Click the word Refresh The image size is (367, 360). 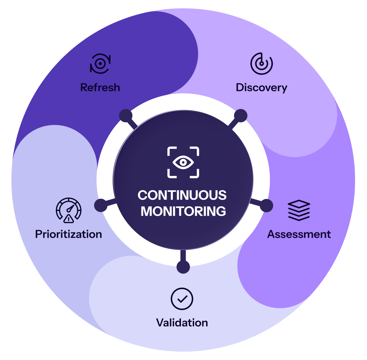pyautogui.click(x=100, y=88)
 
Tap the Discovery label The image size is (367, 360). pyautogui.click(x=261, y=88)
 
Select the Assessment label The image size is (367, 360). pyautogui.click(x=299, y=234)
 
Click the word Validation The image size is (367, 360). pyautogui.click(x=182, y=323)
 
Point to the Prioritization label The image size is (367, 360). pyautogui.click(x=68, y=234)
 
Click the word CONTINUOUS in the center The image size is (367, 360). pyautogui.click(x=182, y=195)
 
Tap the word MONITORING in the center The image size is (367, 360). pyautogui.click(x=183, y=212)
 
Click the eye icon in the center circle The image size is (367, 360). pyautogui.click(x=183, y=163)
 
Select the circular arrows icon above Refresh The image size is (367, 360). pyautogui.click(x=100, y=64)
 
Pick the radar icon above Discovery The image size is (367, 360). pyautogui.click(x=261, y=64)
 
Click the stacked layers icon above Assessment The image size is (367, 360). pyautogui.click(x=299, y=210)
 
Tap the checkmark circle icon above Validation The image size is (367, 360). pyautogui.click(x=182, y=299)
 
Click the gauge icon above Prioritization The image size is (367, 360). pyautogui.click(x=68, y=210)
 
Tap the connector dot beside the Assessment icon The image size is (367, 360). pyautogui.click(x=266, y=206)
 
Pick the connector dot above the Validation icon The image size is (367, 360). pyautogui.click(x=183, y=266)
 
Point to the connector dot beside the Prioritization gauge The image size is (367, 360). pyautogui.click(x=101, y=206)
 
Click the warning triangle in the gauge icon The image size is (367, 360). pyautogui.click(x=69, y=219)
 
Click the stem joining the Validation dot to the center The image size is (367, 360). pyautogui.click(x=183, y=255)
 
